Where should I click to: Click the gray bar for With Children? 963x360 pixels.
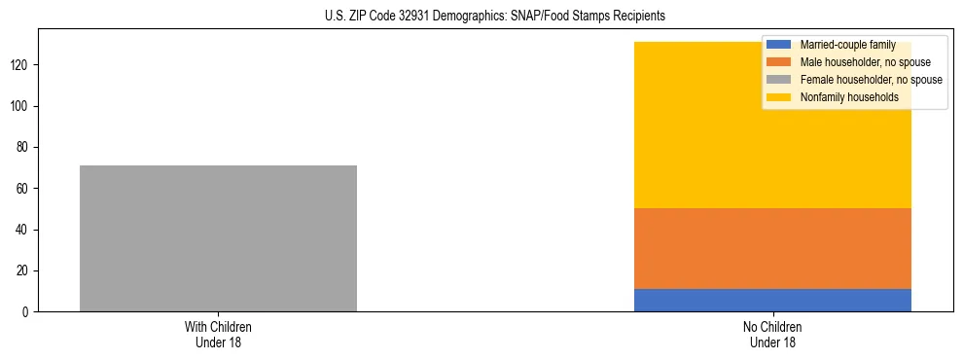click(x=218, y=238)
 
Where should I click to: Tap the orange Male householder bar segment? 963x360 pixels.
click(x=772, y=248)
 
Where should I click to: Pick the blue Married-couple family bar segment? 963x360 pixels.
click(x=772, y=300)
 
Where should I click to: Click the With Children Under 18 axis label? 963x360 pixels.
click(x=218, y=334)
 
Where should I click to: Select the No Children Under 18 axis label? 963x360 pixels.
click(x=772, y=334)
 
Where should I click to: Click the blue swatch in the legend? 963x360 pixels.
click(x=779, y=45)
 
